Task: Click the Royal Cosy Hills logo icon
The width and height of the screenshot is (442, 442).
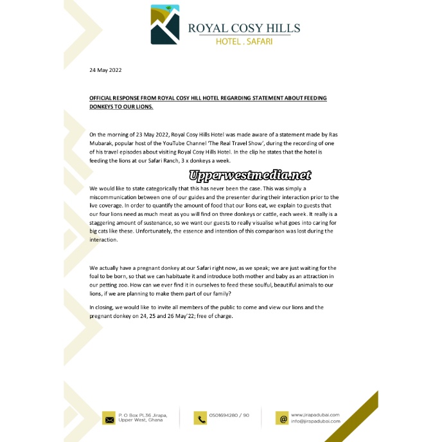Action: pyautogui.click(x=165, y=25)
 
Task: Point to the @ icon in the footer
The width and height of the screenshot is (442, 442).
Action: pyautogui.click(x=281, y=418)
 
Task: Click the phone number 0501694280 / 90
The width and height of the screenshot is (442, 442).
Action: pyautogui.click(x=229, y=415)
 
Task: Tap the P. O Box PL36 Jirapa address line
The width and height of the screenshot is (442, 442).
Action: pyautogui.click(x=140, y=415)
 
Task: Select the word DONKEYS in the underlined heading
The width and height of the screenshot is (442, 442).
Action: pyautogui.click(x=104, y=106)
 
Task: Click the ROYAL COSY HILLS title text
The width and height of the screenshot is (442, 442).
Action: pyautogui.click(x=243, y=28)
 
